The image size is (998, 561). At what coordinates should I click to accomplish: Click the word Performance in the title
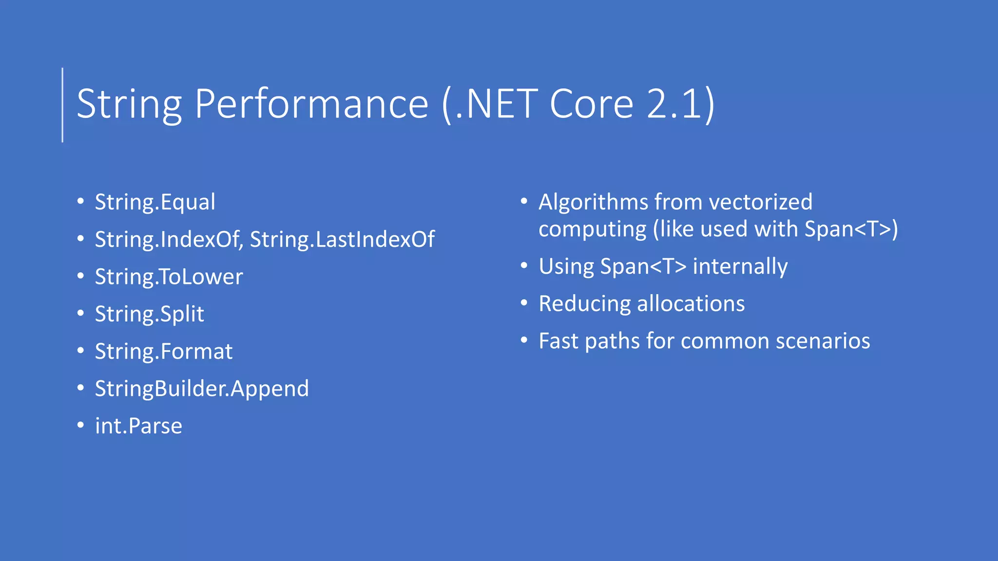(312, 104)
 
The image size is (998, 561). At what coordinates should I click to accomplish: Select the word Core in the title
(592, 104)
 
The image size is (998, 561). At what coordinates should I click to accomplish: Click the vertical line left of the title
(62, 105)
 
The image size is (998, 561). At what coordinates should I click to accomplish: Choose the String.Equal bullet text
(155, 202)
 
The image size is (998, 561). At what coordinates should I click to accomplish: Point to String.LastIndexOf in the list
(342, 239)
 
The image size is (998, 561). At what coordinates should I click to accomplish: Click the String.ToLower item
(169, 277)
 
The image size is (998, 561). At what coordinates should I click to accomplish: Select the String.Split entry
(149, 314)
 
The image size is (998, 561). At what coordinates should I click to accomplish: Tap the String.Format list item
(164, 351)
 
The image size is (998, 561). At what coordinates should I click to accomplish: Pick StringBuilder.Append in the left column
(202, 389)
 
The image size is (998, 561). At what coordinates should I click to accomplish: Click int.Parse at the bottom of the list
(138, 426)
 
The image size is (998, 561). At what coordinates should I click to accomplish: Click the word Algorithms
(593, 202)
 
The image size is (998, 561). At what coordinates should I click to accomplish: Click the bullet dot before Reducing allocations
(524, 303)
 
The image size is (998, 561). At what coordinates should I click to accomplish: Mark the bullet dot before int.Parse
(80, 425)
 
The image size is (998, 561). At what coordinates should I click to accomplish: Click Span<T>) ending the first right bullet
(851, 229)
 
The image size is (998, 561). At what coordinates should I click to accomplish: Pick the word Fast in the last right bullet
(558, 341)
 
